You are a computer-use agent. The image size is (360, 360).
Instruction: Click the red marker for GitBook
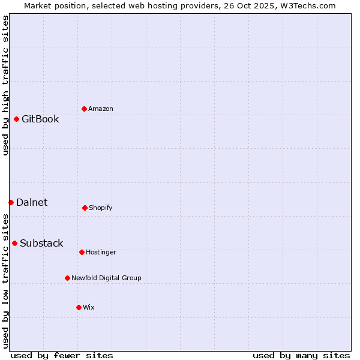[x=16, y=119]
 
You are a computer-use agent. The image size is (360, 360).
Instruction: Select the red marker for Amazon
[x=84, y=109]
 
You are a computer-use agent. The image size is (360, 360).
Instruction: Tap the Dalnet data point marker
[x=11, y=202]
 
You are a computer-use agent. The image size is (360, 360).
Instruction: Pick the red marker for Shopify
[x=85, y=208]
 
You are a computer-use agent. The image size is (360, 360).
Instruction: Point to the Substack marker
[x=14, y=243]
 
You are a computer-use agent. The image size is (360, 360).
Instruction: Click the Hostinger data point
[x=82, y=252]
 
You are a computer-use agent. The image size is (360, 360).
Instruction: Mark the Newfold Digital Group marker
[x=67, y=278]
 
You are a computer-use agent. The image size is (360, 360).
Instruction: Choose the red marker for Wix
[x=79, y=307]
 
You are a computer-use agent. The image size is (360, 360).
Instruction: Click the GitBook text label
[x=40, y=119]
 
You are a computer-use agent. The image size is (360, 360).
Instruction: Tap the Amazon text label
[x=101, y=109]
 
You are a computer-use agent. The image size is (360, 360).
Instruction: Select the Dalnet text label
[x=32, y=202]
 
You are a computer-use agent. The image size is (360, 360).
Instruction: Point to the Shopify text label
[x=101, y=208]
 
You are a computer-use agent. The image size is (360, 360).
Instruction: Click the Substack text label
[x=41, y=243]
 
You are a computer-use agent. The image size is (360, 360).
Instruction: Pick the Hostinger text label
[x=101, y=252]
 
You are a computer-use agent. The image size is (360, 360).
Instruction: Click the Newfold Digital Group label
[x=106, y=278]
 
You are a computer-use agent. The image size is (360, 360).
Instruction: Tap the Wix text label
[x=89, y=307]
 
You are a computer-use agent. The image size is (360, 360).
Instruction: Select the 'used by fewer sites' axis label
[x=62, y=355]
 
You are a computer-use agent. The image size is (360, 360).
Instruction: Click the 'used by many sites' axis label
[x=301, y=355]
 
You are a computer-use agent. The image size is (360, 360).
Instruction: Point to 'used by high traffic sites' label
[x=5, y=85]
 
